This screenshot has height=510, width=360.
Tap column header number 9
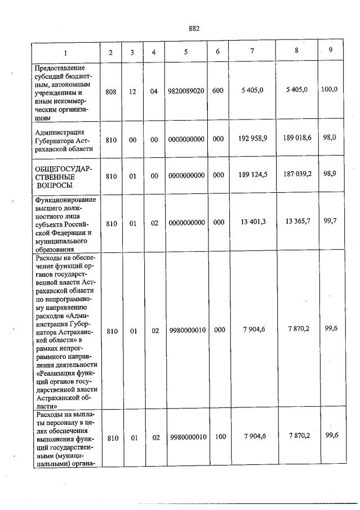[331, 51]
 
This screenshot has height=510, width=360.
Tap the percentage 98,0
[330, 137]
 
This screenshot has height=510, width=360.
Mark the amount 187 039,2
[297, 175]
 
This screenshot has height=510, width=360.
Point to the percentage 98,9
[330, 175]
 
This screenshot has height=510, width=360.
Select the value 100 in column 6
[217, 437]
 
